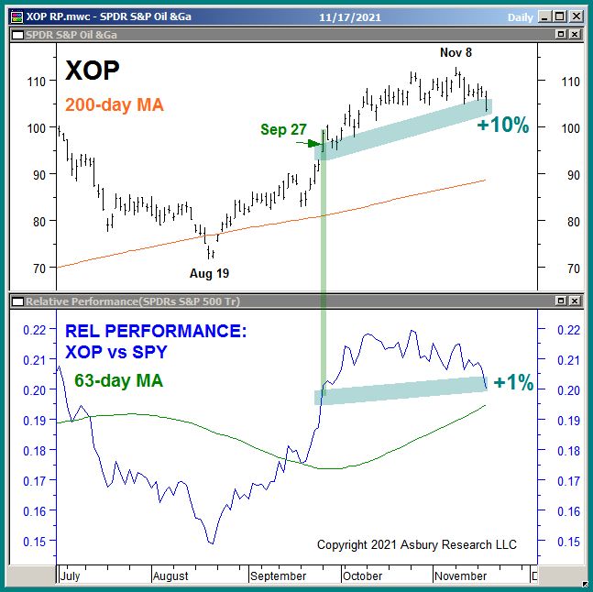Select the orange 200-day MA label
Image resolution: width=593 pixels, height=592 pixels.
[115, 105]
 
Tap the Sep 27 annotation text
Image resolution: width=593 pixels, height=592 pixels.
[283, 129]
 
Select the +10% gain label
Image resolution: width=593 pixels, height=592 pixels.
[503, 126]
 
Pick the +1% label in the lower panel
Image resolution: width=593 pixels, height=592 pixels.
[513, 383]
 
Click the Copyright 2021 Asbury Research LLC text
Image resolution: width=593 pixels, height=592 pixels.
[417, 544]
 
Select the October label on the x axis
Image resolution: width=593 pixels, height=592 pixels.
[362, 576]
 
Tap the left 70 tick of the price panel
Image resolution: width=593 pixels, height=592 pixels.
[39, 269]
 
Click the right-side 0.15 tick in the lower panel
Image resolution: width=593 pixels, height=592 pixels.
[558, 541]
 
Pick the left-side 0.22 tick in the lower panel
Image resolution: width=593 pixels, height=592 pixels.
[38, 330]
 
